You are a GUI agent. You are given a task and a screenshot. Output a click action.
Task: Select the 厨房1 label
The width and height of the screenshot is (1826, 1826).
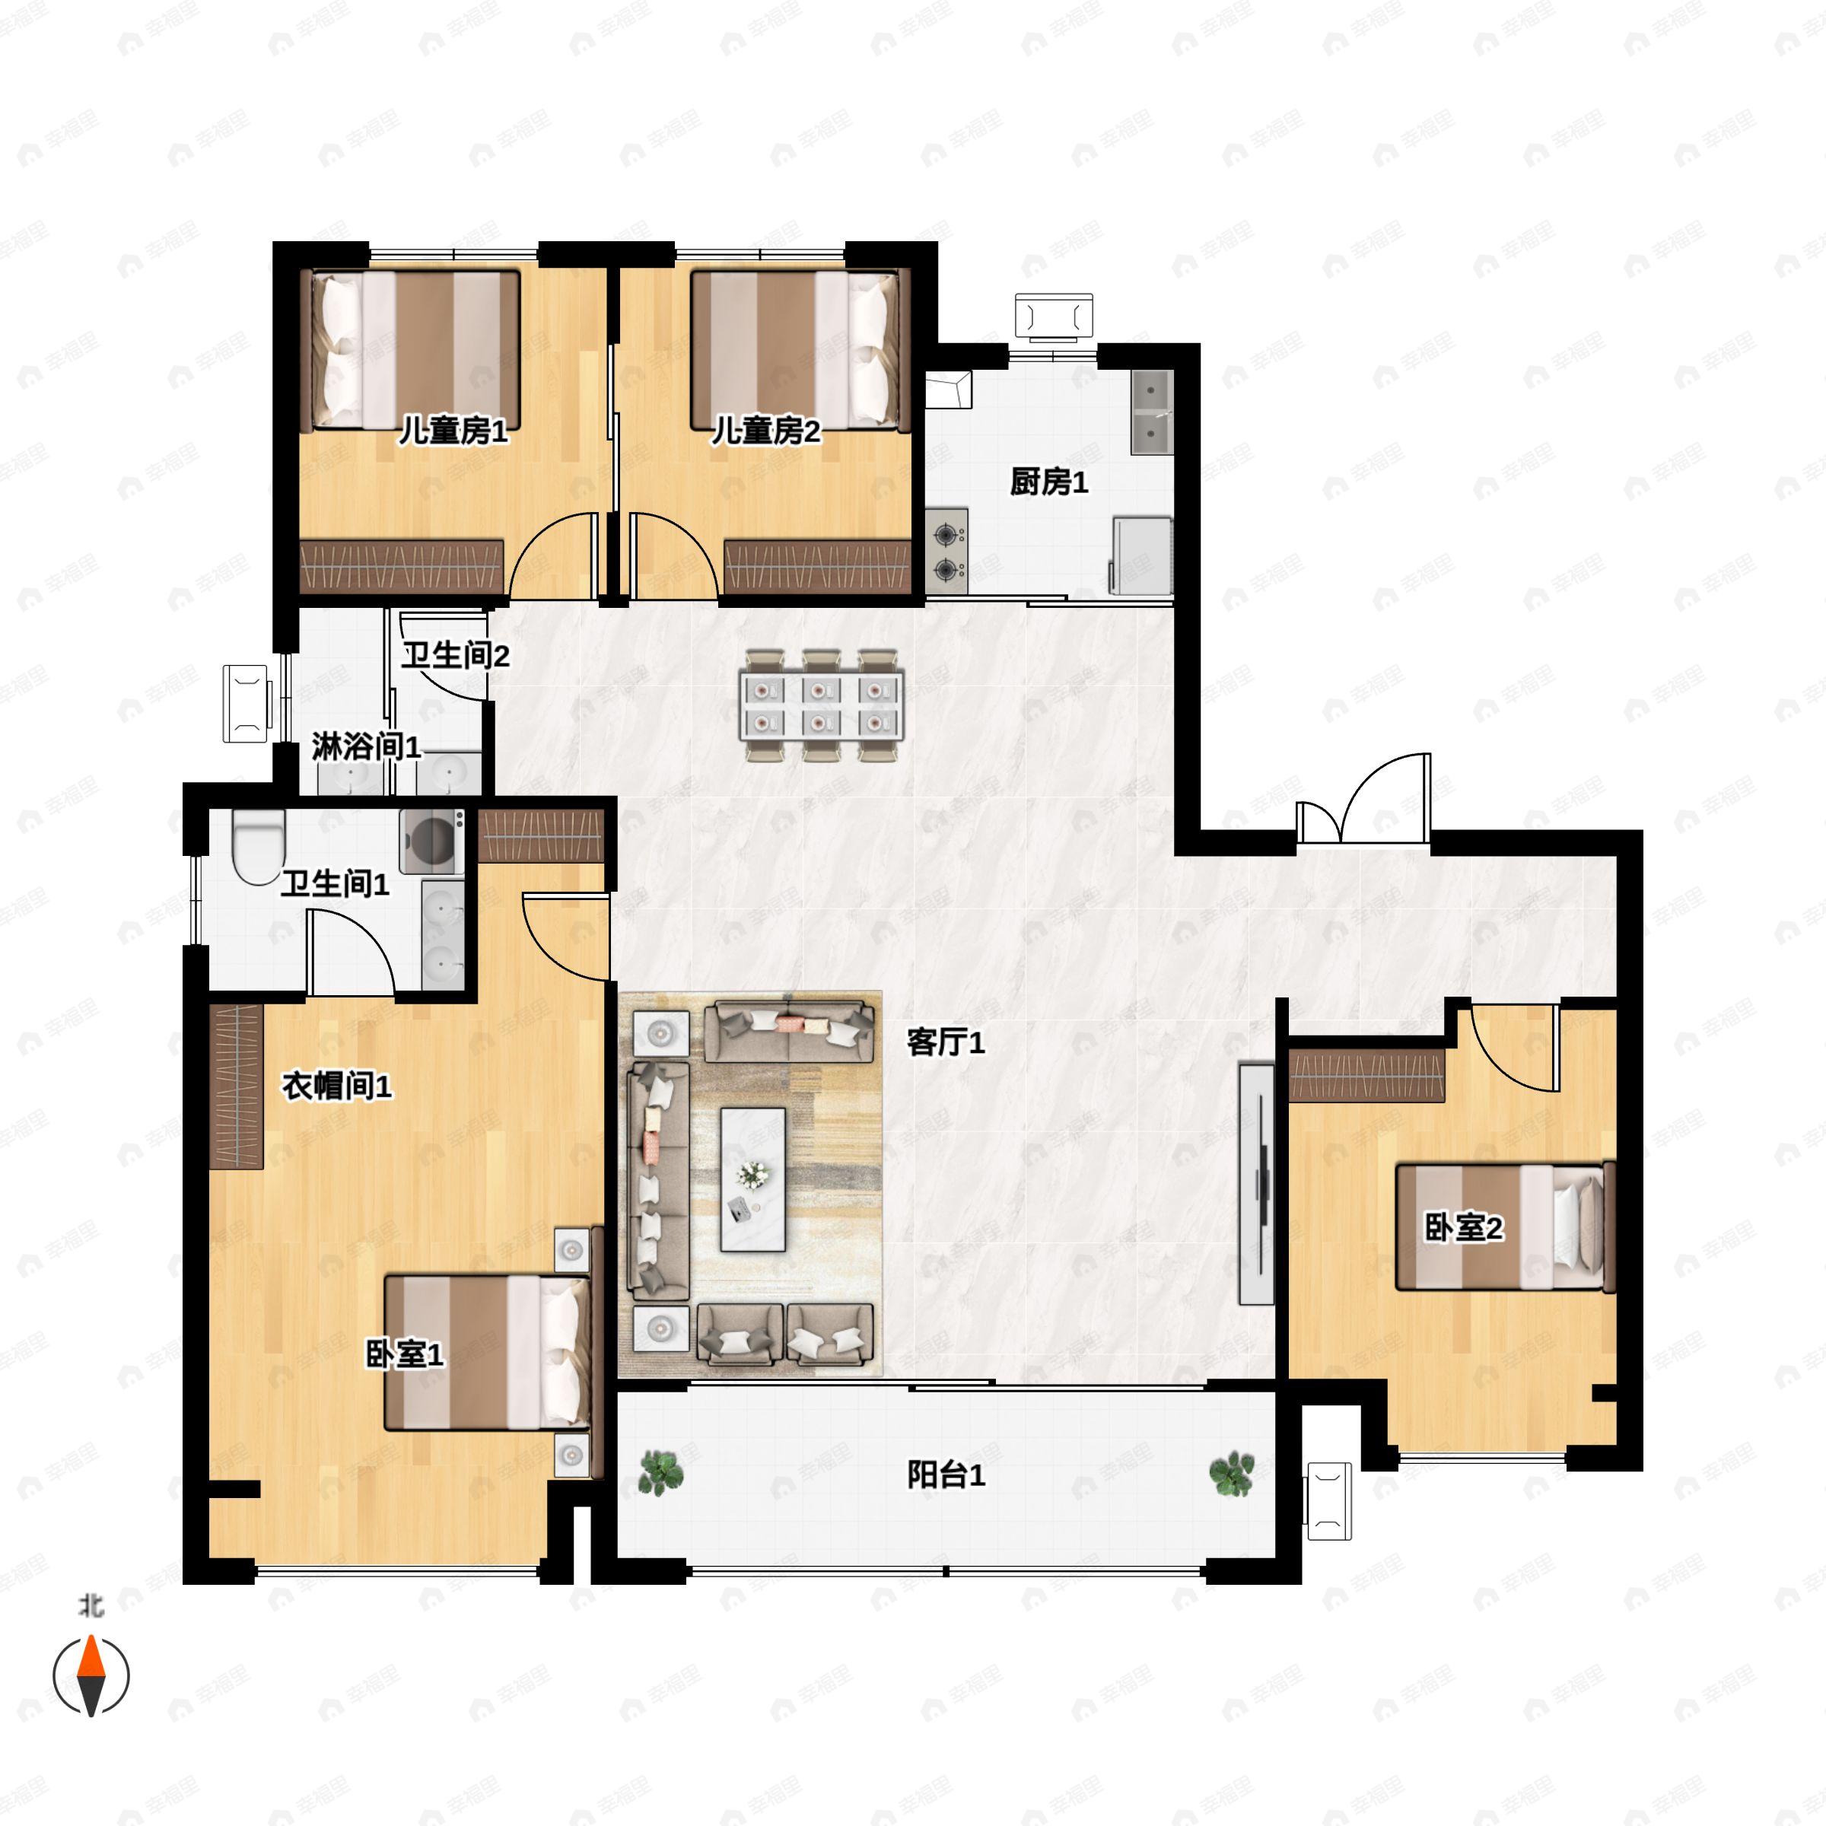1049,482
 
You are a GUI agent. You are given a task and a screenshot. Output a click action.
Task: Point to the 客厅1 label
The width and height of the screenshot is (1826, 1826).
946,1042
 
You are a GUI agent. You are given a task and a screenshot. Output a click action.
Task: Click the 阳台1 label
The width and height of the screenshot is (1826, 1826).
946,1474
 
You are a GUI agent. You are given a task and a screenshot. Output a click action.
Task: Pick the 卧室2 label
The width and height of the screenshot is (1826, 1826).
1464,1228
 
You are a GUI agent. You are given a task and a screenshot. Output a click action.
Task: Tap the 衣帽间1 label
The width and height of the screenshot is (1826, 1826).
336,1086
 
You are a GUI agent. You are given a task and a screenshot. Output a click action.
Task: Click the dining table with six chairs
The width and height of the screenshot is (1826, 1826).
822,705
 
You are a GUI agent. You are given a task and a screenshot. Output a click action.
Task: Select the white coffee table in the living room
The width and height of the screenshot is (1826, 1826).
753,1179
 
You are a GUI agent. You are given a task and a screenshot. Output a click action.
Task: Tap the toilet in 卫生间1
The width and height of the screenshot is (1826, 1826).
258,847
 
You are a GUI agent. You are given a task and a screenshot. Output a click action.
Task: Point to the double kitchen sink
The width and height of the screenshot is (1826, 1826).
1152,412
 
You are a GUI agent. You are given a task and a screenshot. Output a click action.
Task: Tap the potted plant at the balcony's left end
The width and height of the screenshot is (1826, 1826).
660,1474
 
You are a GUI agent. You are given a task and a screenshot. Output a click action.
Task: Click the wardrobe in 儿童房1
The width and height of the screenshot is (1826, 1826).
402,567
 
